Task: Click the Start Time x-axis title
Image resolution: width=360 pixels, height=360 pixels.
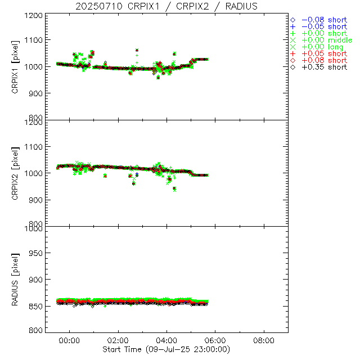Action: pos(167,349)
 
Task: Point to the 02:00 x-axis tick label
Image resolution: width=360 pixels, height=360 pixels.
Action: pos(118,340)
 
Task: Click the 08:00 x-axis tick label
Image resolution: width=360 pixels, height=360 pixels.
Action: pos(264,340)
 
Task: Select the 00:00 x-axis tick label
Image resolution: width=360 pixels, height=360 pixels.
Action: pos(70,340)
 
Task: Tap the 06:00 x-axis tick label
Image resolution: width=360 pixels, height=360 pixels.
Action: pos(215,340)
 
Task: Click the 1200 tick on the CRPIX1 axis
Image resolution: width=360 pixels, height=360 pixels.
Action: pos(34,16)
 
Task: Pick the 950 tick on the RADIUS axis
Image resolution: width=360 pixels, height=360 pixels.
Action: pos(37,254)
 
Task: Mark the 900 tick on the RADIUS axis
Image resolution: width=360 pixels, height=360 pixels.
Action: pos(37,280)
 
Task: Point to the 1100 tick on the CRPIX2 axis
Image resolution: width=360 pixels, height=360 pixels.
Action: pos(34,147)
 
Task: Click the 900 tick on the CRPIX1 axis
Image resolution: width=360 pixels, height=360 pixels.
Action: pos(37,93)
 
